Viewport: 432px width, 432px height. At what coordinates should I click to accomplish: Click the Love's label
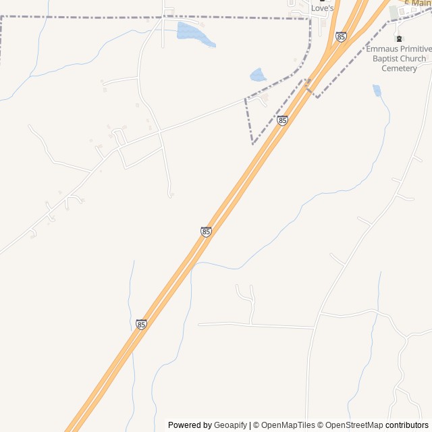[323, 8]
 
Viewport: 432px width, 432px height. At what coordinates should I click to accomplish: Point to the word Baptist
[380, 59]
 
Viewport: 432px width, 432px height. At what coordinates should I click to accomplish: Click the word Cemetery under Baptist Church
[399, 68]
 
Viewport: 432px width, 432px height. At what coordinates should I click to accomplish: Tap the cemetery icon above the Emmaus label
[399, 38]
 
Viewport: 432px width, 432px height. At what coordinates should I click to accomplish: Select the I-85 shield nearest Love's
[341, 36]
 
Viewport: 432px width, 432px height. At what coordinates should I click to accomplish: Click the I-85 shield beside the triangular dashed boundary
[282, 120]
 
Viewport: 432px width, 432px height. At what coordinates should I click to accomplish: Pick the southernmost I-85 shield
[141, 325]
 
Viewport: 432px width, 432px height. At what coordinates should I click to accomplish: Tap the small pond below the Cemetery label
[377, 90]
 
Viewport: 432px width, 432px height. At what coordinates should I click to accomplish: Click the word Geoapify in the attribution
[230, 425]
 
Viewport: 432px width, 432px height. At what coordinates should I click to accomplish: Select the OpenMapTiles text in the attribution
[288, 425]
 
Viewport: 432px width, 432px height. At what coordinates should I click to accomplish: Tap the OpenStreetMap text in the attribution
[354, 425]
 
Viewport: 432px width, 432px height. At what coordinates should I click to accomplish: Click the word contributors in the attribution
[407, 425]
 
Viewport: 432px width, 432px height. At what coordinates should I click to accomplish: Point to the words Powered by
[190, 425]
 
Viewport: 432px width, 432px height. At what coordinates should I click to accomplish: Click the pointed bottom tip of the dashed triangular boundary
[253, 144]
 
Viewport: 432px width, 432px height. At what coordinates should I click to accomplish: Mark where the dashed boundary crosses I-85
[308, 84]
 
